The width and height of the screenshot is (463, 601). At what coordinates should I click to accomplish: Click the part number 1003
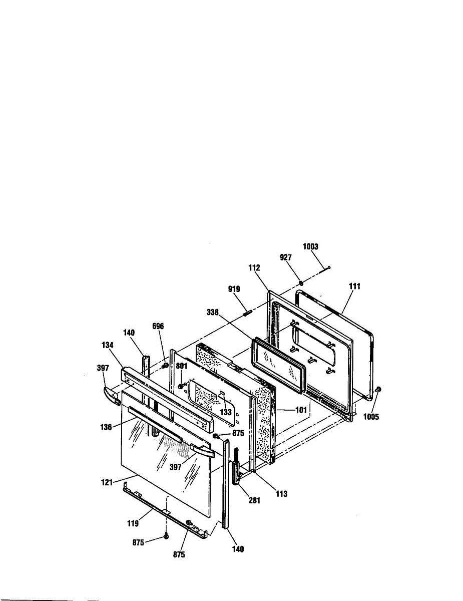310,246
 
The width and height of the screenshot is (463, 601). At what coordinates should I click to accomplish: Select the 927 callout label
285,257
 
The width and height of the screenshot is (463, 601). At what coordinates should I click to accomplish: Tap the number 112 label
254,268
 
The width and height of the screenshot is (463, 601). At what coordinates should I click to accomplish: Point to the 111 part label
355,286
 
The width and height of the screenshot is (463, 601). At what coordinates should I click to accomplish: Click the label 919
234,289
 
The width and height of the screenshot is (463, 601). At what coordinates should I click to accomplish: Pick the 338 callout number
213,313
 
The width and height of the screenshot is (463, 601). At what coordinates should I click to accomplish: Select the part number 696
158,327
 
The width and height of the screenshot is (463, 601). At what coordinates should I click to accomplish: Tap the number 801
181,366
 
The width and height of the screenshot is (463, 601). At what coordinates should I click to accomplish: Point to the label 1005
371,417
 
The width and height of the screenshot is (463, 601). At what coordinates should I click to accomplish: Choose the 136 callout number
106,427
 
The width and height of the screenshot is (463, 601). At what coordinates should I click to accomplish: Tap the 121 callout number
107,483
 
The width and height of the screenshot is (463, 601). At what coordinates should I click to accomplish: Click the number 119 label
133,523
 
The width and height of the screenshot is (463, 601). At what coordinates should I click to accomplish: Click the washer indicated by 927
301,283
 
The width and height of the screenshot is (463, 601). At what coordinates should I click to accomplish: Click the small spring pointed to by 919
247,314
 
